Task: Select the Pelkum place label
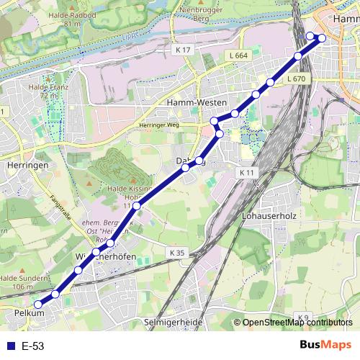29,313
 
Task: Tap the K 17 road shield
183,50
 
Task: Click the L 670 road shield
296,78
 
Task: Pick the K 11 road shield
248,173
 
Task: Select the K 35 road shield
178,253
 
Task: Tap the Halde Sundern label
17,282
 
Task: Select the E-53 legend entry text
33,346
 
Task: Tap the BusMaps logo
326,345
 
